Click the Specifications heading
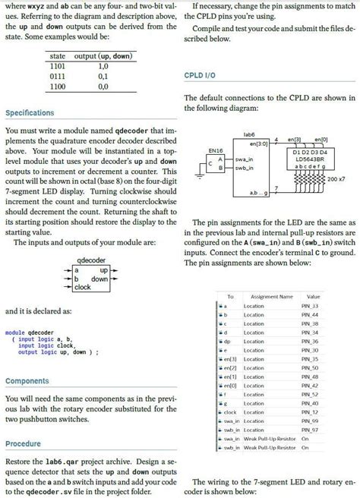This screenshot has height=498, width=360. pyautogui.click(x=30, y=113)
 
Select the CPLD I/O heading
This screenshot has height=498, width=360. pyautogui.click(x=201, y=76)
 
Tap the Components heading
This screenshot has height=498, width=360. pyautogui.click(x=28, y=380)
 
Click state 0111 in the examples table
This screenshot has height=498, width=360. pyautogui.click(x=57, y=77)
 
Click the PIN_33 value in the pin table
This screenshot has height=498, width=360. pyautogui.click(x=310, y=306)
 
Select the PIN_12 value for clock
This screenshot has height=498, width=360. pyautogui.click(x=310, y=412)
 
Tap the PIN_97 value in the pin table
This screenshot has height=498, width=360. pyautogui.click(x=310, y=430)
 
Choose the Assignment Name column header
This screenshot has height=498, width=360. pyautogui.click(x=271, y=296)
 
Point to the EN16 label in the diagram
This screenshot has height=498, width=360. pyautogui.click(x=215, y=151)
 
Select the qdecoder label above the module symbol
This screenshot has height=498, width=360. pyautogui.click(x=92, y=260)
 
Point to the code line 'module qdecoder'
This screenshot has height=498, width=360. pyautogui.click(x=28, y=333)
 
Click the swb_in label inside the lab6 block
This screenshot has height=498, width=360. pyautogui.click(x=243, y=167)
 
